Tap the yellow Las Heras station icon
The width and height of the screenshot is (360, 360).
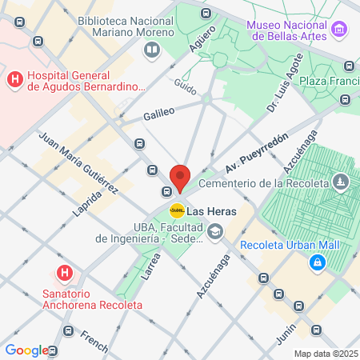click(177, 210)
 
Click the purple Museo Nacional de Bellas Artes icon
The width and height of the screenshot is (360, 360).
click(341, 30)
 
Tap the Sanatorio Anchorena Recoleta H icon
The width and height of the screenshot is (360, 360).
click(66, 273)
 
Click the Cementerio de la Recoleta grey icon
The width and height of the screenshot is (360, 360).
click(342, 182)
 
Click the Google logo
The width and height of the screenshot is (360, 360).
click(26, 350)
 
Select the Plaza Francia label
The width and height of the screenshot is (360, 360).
click(330, 82)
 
